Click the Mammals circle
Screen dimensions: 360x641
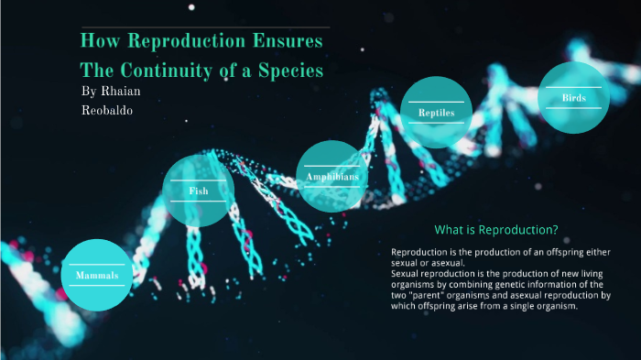click(x=96, y=275)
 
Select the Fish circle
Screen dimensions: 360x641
click(x=198, y=191)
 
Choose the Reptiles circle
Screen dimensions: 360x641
click(x=436, y=112)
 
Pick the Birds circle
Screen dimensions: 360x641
click(x=574, y=98)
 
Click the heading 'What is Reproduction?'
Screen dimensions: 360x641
click(x=495, y=229)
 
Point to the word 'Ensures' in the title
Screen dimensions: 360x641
click(x=294, y=42)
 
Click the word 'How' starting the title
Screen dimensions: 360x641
click(x=98, y=42)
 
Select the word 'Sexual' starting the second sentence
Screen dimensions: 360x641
click(x=407, y=273)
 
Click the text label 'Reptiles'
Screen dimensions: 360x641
click(x=436, y=113)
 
